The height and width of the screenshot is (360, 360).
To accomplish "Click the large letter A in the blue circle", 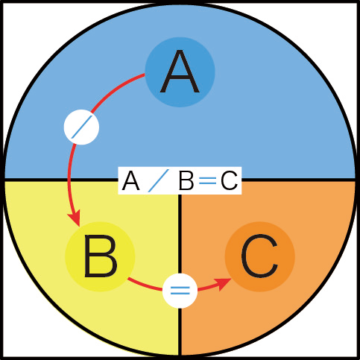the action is point(180,72).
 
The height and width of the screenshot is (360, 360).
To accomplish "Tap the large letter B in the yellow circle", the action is point(101,256).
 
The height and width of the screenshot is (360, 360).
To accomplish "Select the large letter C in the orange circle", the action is point(259,256).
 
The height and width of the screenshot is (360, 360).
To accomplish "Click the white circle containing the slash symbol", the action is point(81,127).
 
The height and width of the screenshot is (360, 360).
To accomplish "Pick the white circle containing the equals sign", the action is point(180,291).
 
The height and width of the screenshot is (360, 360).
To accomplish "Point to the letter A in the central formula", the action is point(130,181).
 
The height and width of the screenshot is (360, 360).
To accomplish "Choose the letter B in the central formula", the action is point(186,181).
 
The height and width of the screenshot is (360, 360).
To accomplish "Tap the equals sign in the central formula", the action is point(208,181).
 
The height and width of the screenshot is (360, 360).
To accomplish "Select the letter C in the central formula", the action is point(229,181).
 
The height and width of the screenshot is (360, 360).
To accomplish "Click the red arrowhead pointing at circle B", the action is point(75,218).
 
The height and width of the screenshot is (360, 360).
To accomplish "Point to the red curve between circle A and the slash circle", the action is point(115,89).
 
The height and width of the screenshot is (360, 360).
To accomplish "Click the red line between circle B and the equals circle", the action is point(145,285).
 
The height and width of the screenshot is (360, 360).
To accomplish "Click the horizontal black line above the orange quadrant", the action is point(298,180).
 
